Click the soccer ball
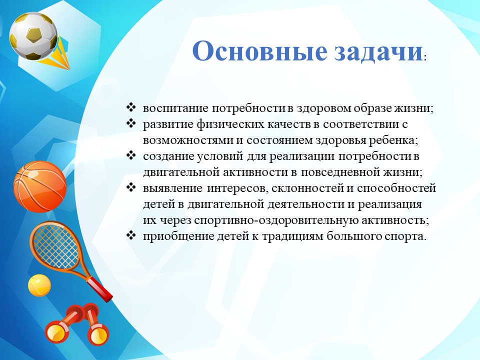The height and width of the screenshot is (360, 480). [33, 36]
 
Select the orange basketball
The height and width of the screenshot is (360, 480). [40, 186]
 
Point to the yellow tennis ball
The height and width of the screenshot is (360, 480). [39, 285]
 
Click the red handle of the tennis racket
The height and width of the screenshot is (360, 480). [99, 288]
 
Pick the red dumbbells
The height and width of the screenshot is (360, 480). [76, 325]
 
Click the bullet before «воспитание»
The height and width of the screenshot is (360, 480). [130, 107]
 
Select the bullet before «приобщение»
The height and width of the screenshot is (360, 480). [130, 235]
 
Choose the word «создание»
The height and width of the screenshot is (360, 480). [168, 156]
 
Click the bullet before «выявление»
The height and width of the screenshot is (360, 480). [130, 187]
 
